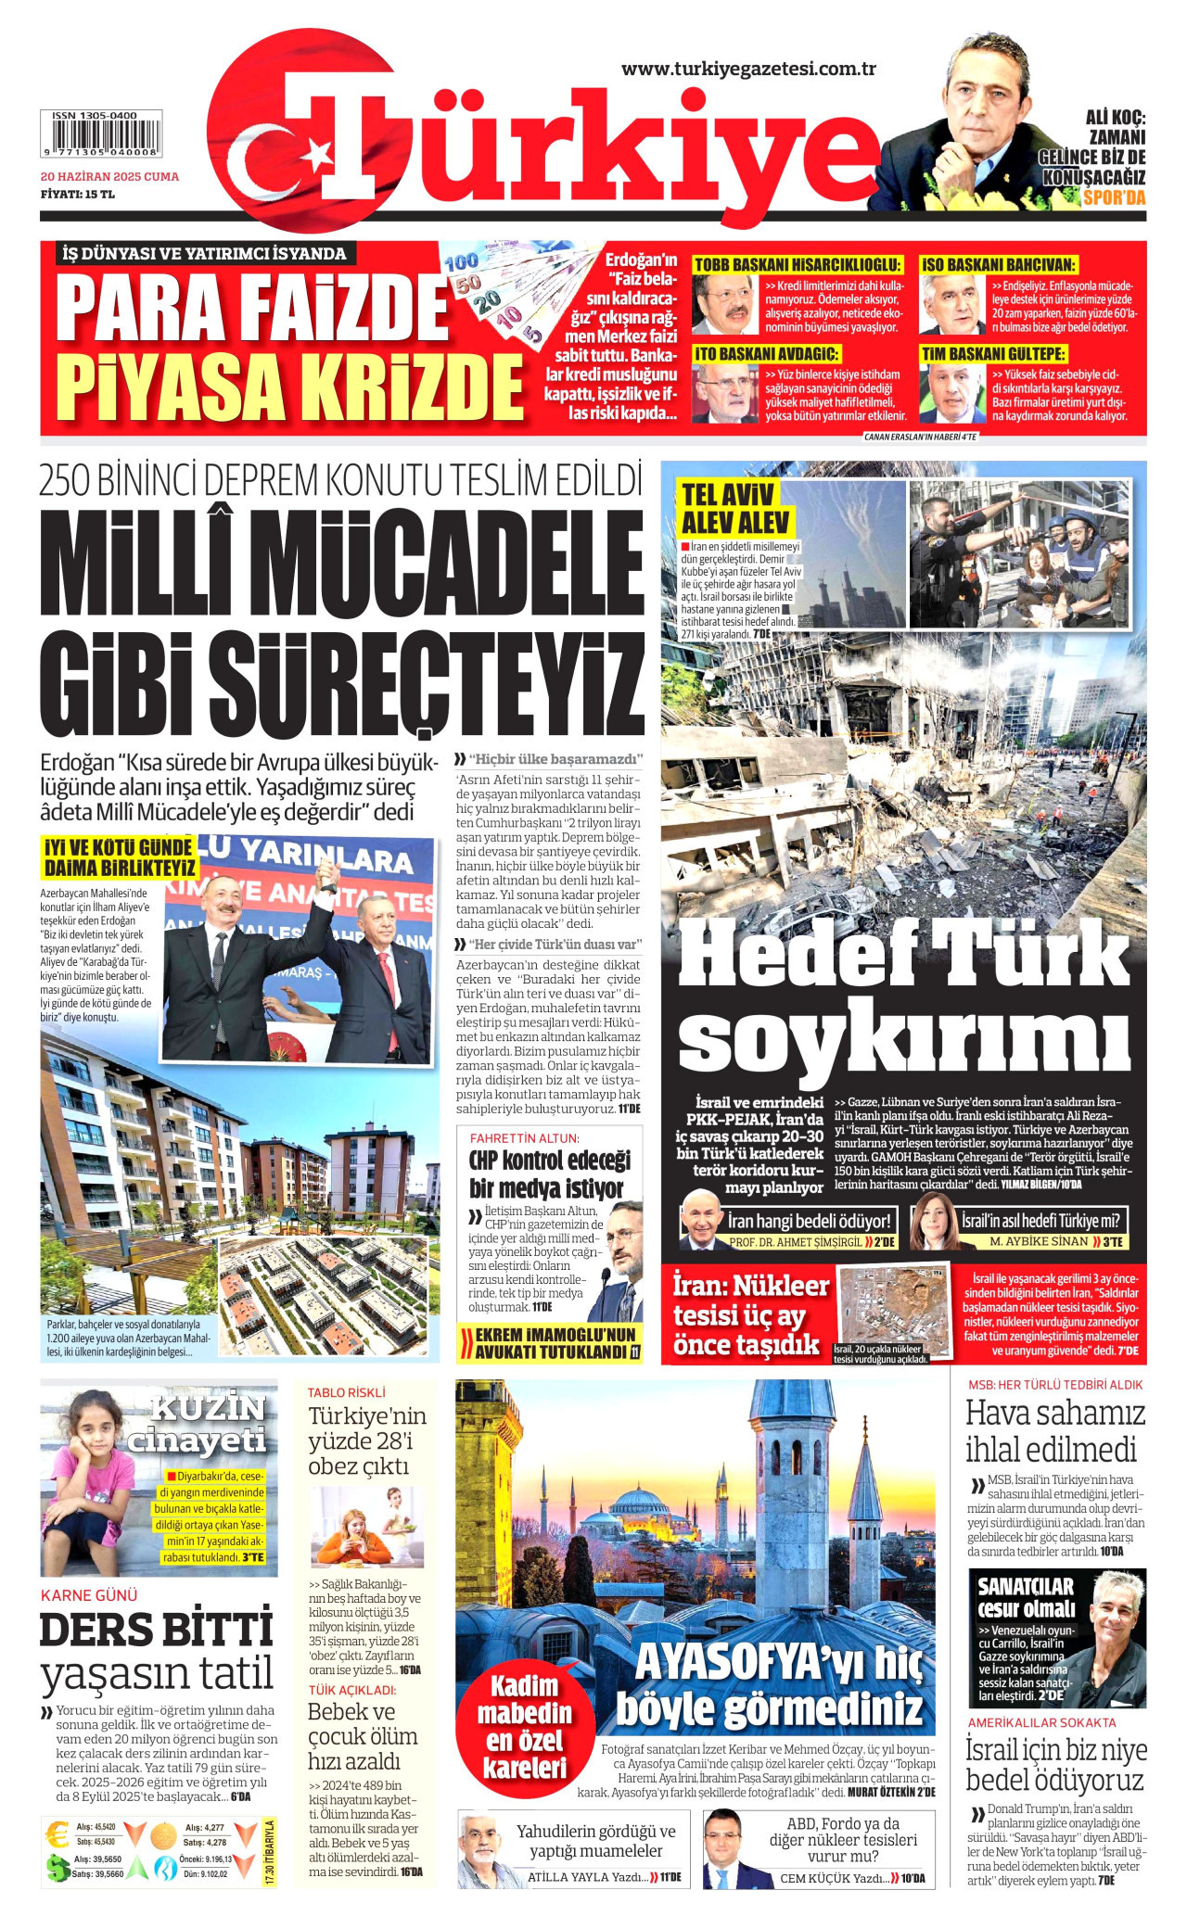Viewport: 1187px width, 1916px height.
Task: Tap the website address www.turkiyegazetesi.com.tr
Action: point(748,69)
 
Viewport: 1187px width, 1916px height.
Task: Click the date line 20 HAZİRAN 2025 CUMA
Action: point(109,176)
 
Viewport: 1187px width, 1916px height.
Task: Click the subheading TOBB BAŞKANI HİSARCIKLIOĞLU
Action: point(798,265)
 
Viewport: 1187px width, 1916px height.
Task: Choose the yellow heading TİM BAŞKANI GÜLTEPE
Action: point(993,354)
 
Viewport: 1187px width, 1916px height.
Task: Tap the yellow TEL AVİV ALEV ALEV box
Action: point(735,508)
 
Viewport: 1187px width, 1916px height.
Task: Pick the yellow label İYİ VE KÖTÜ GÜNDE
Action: point(120,858)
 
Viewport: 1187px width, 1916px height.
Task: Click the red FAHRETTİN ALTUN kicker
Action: point(524,1138)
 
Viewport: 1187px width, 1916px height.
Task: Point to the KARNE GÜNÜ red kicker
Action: point(89,1595)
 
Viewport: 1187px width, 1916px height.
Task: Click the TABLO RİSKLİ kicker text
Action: point(346,1392)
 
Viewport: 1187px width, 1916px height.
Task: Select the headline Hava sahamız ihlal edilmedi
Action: point(1055,1431)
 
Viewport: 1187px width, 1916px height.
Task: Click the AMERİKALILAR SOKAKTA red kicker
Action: point(1041,1722)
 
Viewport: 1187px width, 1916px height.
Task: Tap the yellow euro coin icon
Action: point(57,1834)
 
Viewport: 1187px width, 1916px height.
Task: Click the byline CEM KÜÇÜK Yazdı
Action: point(831,1879)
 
